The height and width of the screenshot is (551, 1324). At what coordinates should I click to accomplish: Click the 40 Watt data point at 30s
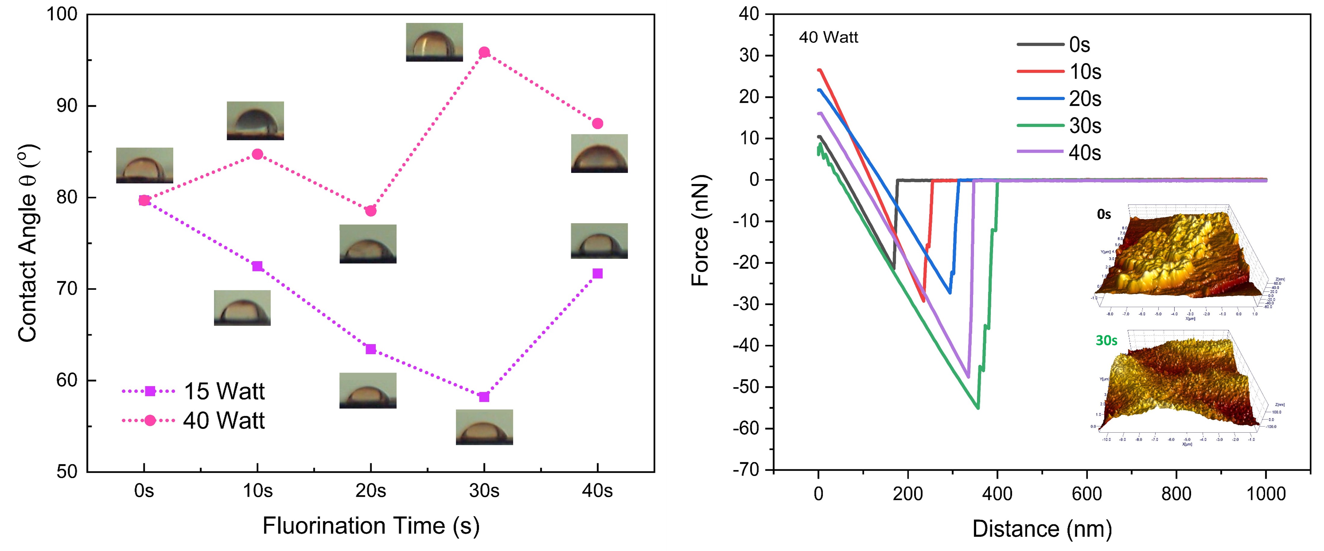[x=484, y=52]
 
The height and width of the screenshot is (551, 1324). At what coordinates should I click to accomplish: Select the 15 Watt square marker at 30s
[x=484, y=397]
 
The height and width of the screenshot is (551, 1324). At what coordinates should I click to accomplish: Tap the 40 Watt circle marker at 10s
[x=258, y=154]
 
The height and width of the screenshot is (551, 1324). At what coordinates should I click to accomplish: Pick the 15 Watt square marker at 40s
[x=597, y=273]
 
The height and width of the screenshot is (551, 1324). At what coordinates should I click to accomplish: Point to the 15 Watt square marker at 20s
[x=371, y=349]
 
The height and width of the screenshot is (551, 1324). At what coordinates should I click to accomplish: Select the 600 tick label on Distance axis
[x=1087, y=494]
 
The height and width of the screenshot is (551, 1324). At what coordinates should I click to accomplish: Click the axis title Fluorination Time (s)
[x=371, y=526]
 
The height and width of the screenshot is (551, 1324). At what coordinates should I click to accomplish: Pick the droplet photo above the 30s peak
[x=434, y=42]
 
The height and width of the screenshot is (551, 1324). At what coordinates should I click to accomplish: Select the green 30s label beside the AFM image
[x=1106, y=341]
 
